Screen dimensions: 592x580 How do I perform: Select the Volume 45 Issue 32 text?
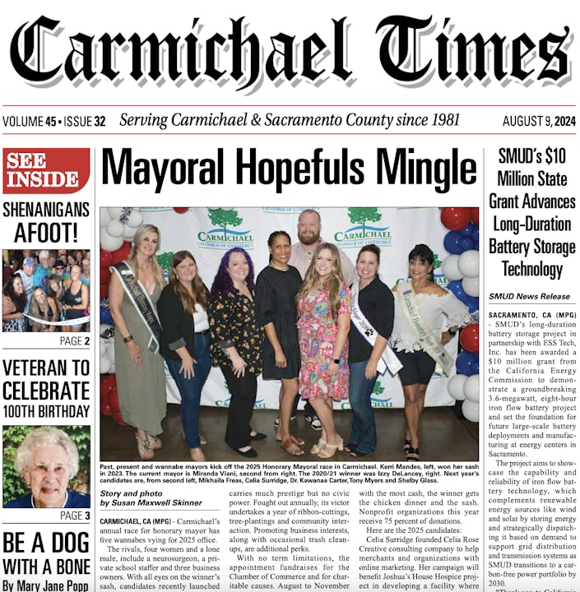pos(54,122)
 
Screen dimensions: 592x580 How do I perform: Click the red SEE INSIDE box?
pos(46,170)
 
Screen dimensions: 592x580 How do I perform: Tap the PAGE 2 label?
pos(76,340)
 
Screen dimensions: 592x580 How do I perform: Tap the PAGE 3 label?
pos(76,516)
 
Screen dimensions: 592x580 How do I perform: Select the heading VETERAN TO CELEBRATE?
pos(46,379)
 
